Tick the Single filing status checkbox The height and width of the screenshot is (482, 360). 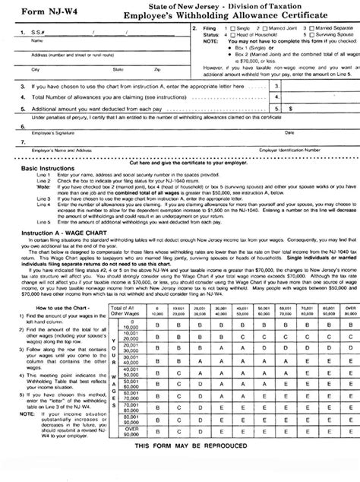(232, 29)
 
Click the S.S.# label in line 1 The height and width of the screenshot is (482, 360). (27, 33)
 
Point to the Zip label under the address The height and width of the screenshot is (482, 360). (156, 68)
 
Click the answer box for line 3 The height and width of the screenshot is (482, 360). (315, 86)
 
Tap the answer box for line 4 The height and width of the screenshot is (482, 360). (315, 97)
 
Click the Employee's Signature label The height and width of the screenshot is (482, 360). (38, 131)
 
